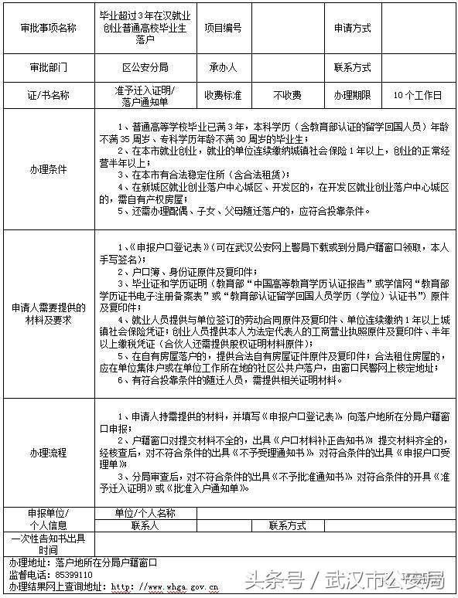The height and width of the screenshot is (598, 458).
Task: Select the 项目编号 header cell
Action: [x=222, y=27]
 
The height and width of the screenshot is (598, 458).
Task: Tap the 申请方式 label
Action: [x=352, y=27]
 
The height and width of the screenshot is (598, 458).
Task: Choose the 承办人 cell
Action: [x=222, y=67]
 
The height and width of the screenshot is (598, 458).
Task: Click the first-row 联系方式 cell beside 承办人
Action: [x=352, y=67]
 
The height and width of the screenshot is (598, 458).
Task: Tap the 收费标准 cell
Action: [x=222, y=95]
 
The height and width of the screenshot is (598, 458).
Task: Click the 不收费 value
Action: [x=287, y=95]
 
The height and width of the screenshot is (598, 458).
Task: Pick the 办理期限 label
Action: [x=352, y=95]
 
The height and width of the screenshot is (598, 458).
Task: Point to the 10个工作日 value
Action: [x=417, y=95]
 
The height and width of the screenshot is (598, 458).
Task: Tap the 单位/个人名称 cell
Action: [x=145, y=513]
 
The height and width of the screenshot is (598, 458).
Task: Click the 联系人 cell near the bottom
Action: [x=145, y=525]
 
